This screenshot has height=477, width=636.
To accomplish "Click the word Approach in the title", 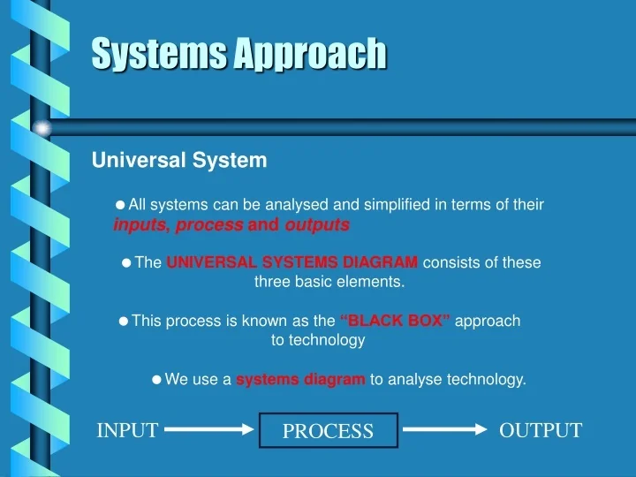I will click(x=310, y=54).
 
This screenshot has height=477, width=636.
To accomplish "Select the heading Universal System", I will click(x=179, y=161).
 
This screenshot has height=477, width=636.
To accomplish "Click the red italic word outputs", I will click(x=317, y=225).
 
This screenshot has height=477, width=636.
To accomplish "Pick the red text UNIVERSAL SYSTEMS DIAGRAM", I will click(x=292, y=262).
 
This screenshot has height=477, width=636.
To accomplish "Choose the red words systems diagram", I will click(x=300, y=380).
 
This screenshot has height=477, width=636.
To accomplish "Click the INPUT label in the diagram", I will click(x=127, y=430).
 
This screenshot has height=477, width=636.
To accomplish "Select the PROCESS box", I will click(x=328, y=431).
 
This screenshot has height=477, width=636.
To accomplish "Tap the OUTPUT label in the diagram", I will click(x=541, y=430).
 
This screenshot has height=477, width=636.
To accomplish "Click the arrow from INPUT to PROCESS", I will click(x=209, y=430).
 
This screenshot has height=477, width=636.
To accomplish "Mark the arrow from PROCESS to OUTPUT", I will click(x=445, y=430).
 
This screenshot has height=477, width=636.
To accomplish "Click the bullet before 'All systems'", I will click(x=121, y=205).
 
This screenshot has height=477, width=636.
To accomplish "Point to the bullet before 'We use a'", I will click(x=156, y=380).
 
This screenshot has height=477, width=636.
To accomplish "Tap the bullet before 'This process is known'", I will click(x=124, y=321).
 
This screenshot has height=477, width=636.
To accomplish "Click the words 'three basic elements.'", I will click(x=329, y=282).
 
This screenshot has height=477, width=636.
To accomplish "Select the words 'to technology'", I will click(x=318, y=340).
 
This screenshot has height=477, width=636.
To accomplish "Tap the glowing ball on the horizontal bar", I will click(x=42, y=128).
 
